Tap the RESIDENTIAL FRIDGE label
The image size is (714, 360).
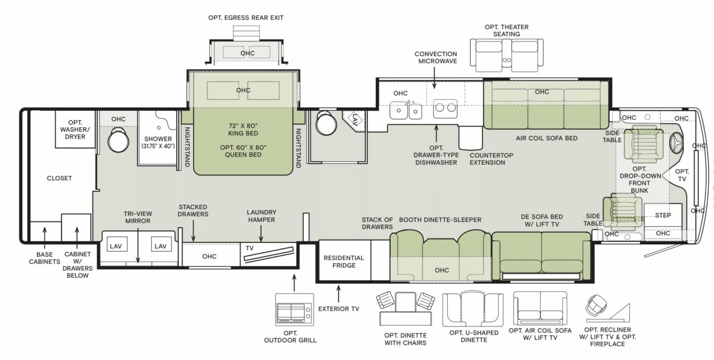point(344,262)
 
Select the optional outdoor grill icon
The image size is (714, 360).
point(294,310)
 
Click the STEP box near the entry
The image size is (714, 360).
point(663,215)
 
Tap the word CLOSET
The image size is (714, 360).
point(59,178)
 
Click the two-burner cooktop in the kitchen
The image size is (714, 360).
point(445,108)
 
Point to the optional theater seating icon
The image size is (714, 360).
point(506,54)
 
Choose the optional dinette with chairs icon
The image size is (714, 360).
point(405,309)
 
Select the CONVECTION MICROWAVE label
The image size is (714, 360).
point(436,58)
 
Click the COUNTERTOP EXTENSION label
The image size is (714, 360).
point(488,159)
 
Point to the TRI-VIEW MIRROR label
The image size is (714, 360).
point(137,217)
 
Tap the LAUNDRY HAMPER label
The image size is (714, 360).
point(262,216)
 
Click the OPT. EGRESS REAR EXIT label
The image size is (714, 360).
point(246,17)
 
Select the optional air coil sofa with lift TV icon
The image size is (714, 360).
point(540,309)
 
